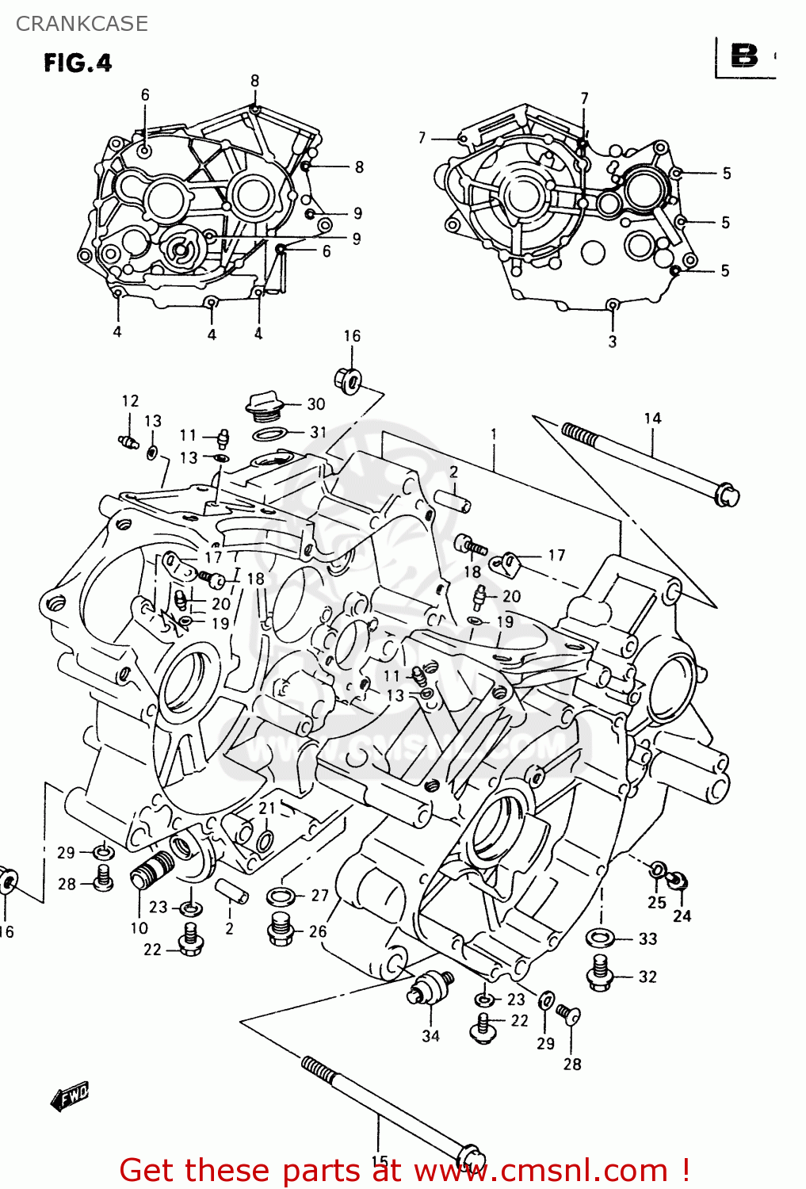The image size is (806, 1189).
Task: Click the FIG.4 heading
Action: tap(78, 63)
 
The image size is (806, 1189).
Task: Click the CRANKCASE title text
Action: tap(82, 24)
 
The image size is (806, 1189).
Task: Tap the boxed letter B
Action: tap(744, 56)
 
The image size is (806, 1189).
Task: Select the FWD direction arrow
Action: tap(70, 1096)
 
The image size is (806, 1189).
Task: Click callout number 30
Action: tap(316, 404)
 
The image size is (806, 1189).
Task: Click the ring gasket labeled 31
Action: tap(269, 434)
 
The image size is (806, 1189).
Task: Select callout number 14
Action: tap(652, 419)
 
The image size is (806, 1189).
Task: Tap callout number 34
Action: tap(430, 1036)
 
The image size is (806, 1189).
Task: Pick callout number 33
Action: tap(648, 939)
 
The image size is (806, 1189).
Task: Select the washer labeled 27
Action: tap(281, 897)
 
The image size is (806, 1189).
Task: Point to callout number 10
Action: tap(139, 928)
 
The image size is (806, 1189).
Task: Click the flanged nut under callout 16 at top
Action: tap(348, 380)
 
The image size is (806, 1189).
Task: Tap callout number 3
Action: tap(613, 342)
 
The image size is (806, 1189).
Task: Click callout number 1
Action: tap(494, 434)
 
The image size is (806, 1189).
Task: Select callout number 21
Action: tap(267, 808)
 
